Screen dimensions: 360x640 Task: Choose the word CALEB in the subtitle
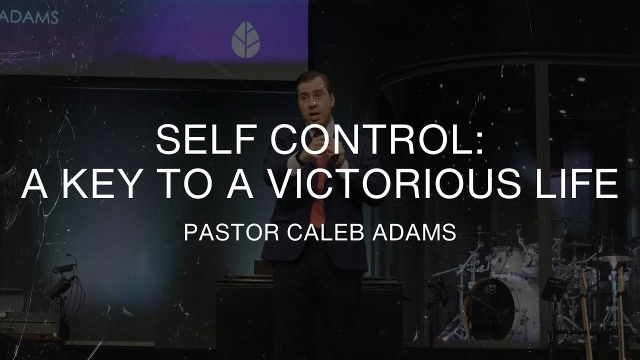click(320, 232)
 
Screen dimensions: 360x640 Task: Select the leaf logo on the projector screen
click(245, 40)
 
